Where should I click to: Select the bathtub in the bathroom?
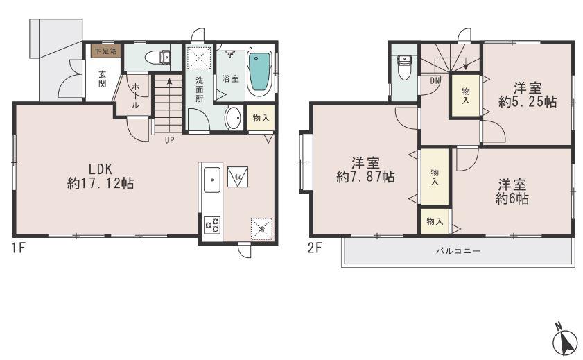[x=259, y=73]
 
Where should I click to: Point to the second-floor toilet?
[x=403, y=67]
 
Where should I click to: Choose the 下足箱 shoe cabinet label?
[x=105, y=51]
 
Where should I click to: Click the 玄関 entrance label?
[x=102, y=79]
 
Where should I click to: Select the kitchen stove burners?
[x=211, y=224]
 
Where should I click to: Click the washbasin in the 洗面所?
[x=234, y=118]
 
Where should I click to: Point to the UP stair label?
[x=169, y=139]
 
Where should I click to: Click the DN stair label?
[x=435, y=80]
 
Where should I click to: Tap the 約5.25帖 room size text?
[x=528, y=102]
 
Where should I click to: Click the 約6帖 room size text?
[x=512, y=198]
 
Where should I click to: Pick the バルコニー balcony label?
[x=458, y=250]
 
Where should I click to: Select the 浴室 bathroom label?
[x=230, y=79]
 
